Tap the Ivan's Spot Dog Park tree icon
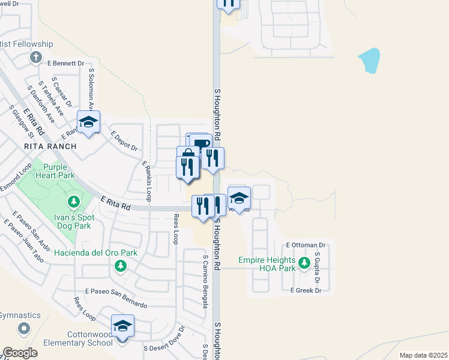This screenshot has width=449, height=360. pos(74,200)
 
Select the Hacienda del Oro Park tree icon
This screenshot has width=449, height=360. pos(121,265)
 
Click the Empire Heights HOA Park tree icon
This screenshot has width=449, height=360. pos(304,263)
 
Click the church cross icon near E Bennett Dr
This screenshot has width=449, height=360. pos(36,58)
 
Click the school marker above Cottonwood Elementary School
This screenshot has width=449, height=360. pos(122,326)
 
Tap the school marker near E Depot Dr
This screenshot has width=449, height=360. pos(89,122)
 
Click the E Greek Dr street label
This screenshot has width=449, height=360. pos(306,290)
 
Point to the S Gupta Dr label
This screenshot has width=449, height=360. pos(318,268)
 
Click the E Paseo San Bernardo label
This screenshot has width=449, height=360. pos(116,298)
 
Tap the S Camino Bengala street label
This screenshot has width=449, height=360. pos(205,281)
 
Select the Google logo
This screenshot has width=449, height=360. pos(20,353)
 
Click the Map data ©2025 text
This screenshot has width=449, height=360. pos(423,355)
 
